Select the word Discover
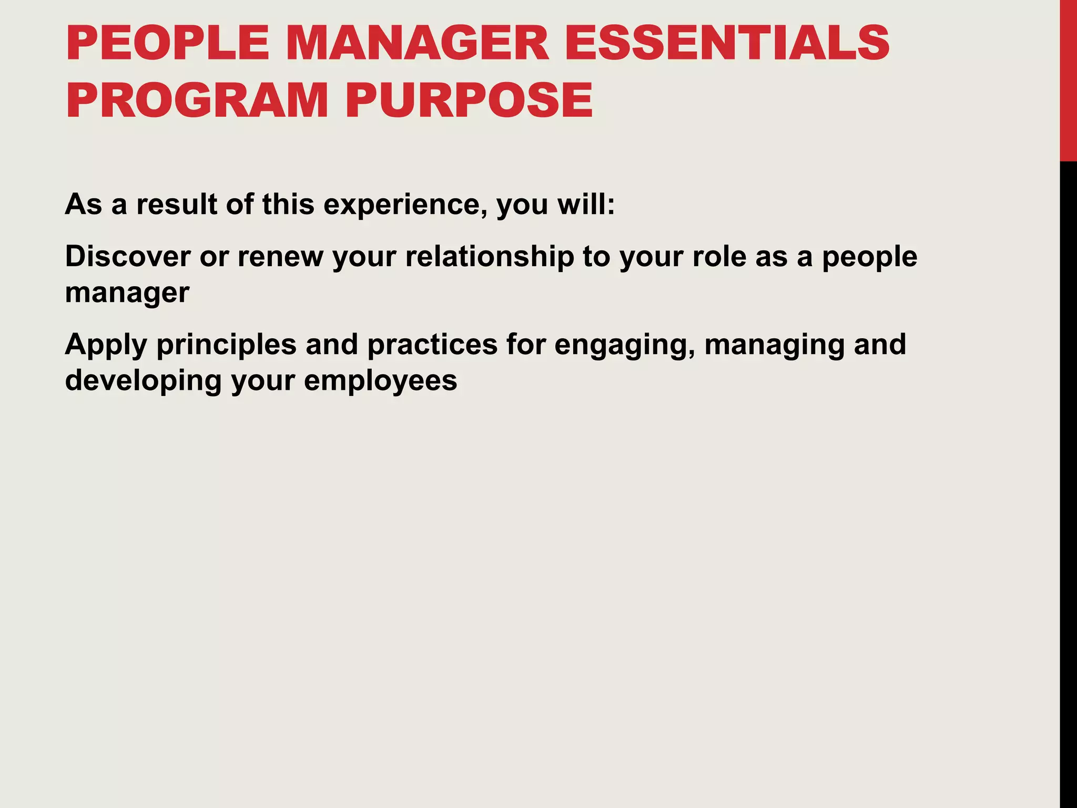click(x=128, y=257)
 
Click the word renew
click(x=280, y=257)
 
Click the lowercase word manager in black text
click(x=127, y=294)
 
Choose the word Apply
click(x=106, y=346)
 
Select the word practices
click(x=432, y=346)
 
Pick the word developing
click(x=143, y=381)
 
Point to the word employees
click(x=380, y=381)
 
